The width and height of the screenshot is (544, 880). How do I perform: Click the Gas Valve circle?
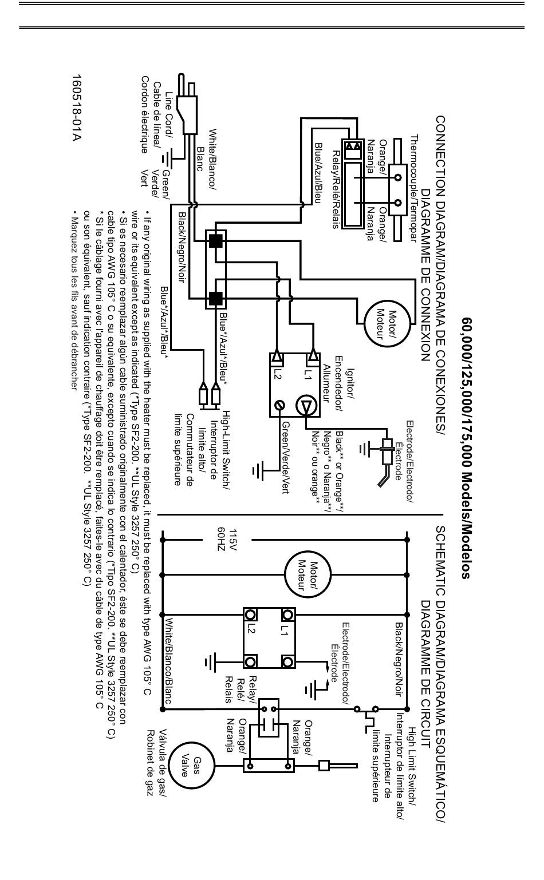pos(192,766)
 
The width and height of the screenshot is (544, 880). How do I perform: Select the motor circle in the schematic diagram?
pos(308,575)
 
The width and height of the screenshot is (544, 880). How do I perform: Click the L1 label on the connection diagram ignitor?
pos(308,372)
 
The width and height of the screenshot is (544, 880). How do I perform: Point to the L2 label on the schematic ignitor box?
pos(251,629)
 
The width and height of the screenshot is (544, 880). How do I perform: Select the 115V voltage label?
pos(233,540)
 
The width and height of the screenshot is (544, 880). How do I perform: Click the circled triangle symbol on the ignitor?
pos(305,405)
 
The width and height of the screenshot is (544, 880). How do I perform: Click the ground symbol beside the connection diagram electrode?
pos(365,448)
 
